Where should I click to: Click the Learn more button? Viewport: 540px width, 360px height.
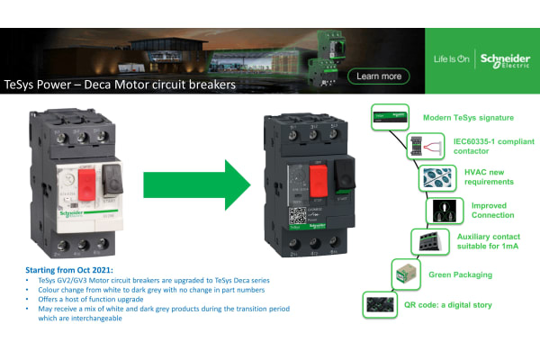[x=379, y=76]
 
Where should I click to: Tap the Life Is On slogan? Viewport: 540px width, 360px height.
[x=450, y=59]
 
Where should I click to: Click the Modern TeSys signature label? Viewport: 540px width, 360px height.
[x=468, y=117]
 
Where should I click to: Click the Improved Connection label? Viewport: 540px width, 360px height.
[x=493, y=210]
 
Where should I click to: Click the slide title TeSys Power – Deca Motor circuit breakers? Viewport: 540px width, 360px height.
[x=120, y=85]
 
